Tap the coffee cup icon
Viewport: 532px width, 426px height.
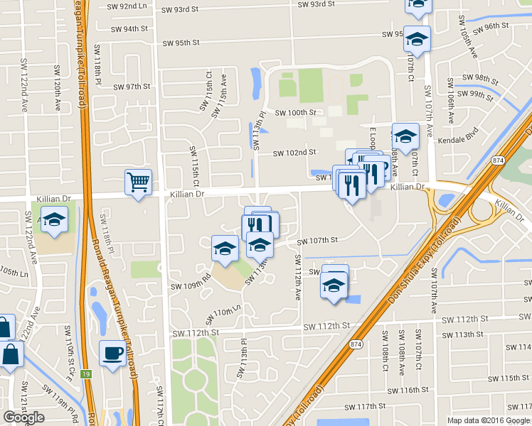tap(112, 353)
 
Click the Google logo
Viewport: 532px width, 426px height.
tap(23, 417)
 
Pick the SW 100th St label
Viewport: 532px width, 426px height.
tap(294, 112)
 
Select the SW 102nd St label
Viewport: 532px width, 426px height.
tap(294, 152)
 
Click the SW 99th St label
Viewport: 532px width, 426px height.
tap(480, 94)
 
